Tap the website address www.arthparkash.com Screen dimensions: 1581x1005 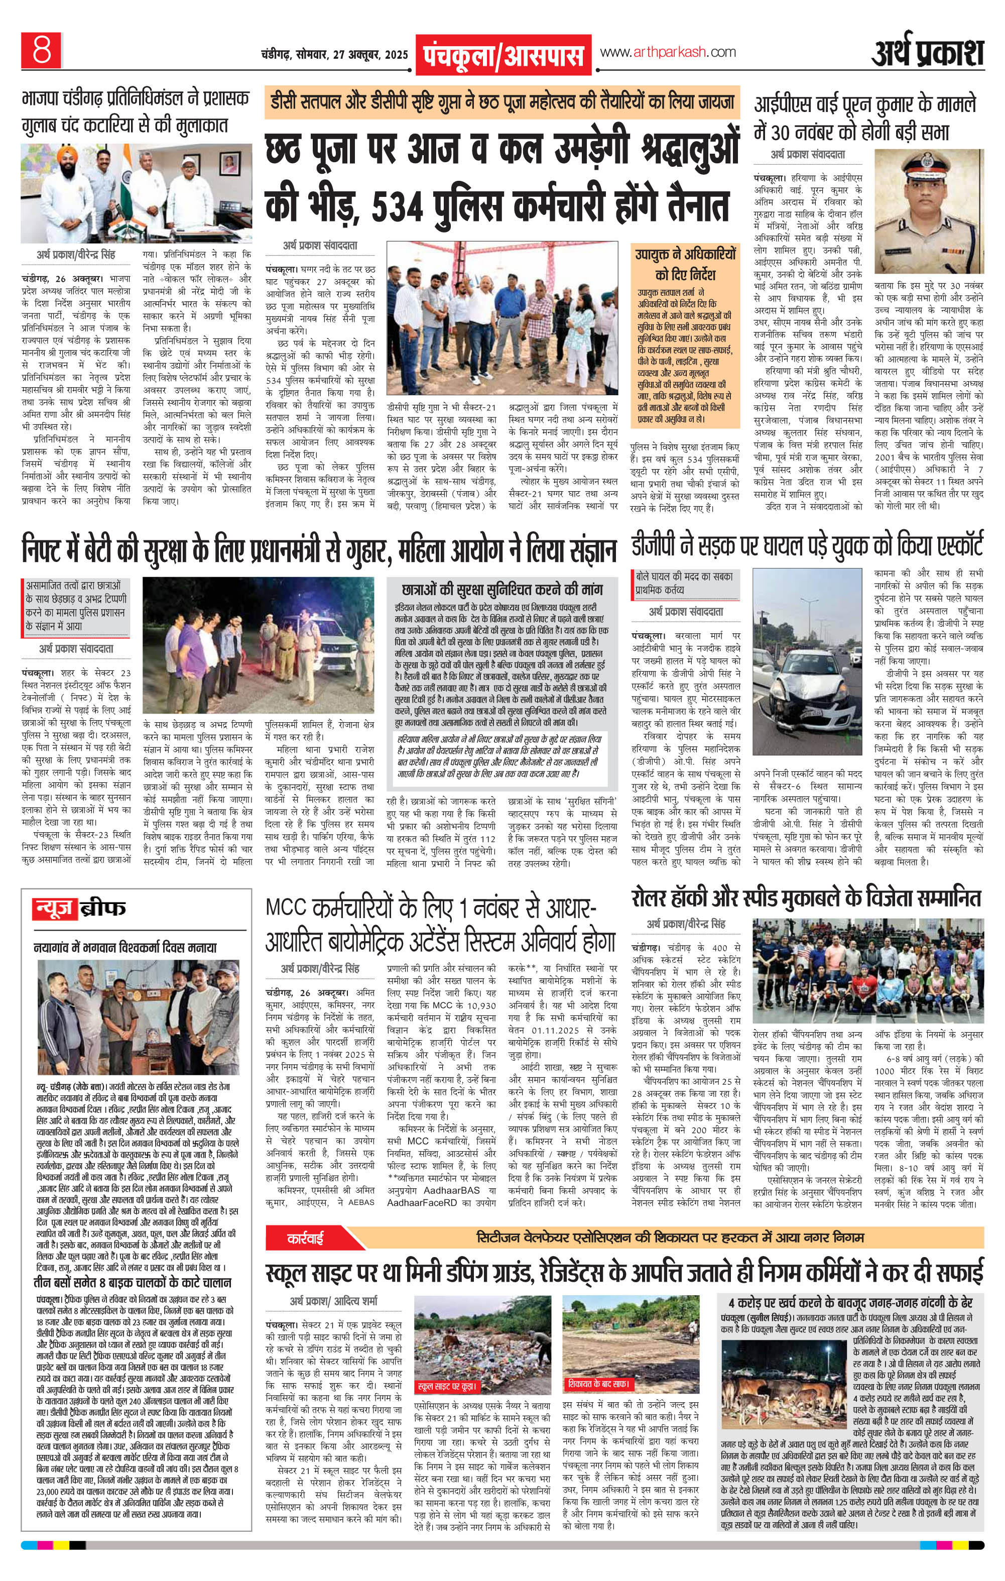(x=667, y=53)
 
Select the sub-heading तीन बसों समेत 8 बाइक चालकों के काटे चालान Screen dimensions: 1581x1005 (x=132, y=1282)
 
